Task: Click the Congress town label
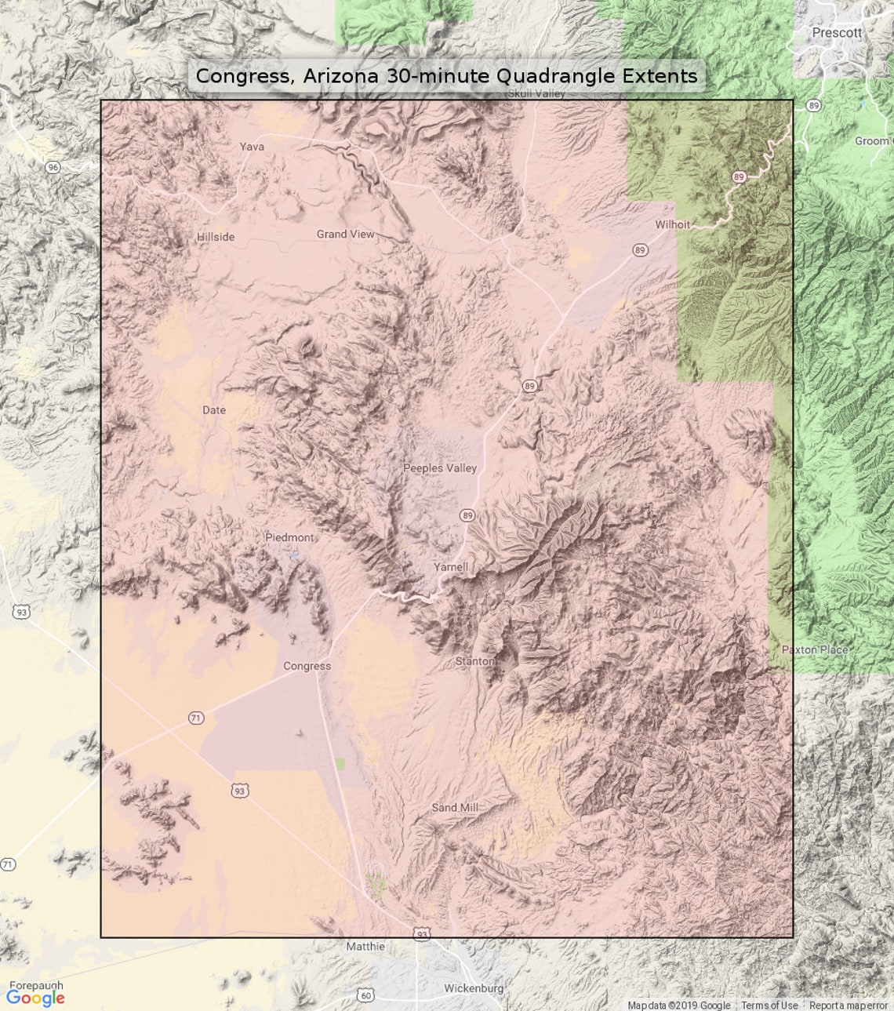click(x=307, y=666)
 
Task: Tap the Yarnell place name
click(x=451, y=566)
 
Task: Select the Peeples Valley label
click(x=440, y=468)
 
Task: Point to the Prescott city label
click(x=836, y=33)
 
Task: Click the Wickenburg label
click(x=473, y=988)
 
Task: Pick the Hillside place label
click(x=215, y=237)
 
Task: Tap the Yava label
click(x=252, y=147)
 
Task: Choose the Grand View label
click(x=345, y=234)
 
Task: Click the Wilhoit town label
click(x=672, y=224)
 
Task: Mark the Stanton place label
click(x=474, y=661)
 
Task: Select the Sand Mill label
click(x=455, y=807)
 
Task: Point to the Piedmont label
click(x=289, y=537)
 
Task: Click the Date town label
click(x=213, y=410)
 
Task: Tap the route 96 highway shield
click(x=53, y=167)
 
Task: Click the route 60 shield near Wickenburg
click(x=365, y=995)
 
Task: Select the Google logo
click(x=35, y=998)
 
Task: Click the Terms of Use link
click(x=769, y=1006)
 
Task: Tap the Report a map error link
click(x=849, y=1006)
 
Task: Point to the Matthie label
click(x=365, y=947)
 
